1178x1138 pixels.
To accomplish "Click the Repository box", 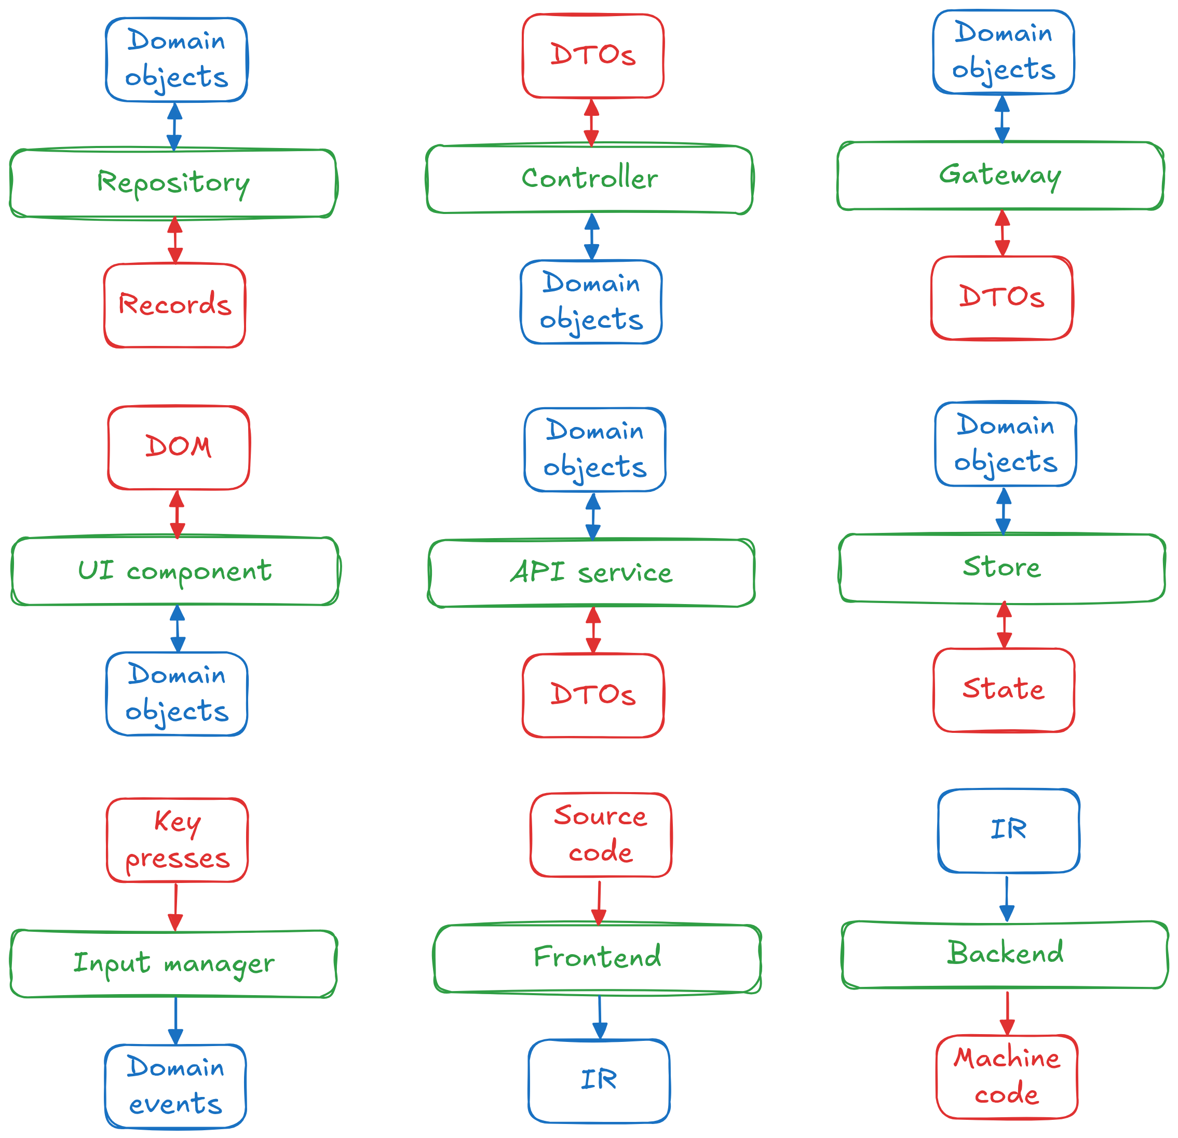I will click(173, 183).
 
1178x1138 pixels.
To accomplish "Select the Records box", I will click(174, 305).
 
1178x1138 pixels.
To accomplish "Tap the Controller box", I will click(590, 179).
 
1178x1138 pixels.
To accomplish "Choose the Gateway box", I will click(1000, 176).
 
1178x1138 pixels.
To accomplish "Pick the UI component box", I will click(175, 570).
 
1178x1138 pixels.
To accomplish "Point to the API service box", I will click(591, 573).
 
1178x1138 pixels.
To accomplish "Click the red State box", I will click(1004, 690).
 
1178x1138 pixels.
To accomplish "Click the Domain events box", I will click(175, 1086).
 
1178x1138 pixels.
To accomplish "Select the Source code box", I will click(600, 835).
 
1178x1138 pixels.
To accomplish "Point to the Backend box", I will click(1005, 954).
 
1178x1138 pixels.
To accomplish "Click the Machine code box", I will click(1007, 1077).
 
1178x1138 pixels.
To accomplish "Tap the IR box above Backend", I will click(1009, 830).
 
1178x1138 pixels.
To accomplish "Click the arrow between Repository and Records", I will click(175, 240).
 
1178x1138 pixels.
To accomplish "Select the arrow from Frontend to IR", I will click(600, 1017).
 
